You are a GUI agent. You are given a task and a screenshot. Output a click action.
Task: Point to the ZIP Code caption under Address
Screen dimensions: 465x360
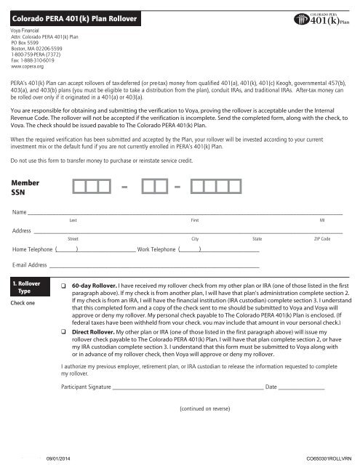[321, 238]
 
